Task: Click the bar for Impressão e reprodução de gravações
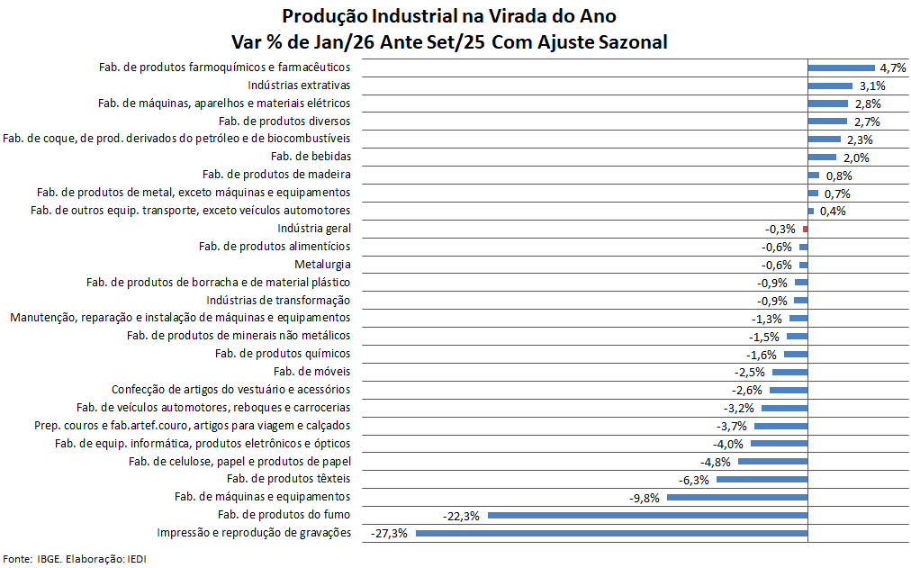(611, 534)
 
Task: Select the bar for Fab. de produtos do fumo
(647, 516)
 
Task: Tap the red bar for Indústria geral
(806, 230)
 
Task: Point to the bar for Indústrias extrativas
(830, 86)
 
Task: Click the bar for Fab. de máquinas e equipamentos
(737, 498)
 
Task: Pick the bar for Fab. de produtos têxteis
(762, 480)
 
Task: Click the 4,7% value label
(892, 68)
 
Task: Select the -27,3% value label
(389, 534)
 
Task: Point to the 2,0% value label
(855, 158)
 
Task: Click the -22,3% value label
(461, 516)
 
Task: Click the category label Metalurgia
(322, 265)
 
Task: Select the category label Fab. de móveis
(311, 372)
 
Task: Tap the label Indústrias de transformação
(278, 301)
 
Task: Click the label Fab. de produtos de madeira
(276, 175)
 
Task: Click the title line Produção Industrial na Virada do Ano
(449, 17)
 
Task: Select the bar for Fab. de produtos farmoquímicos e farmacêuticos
(842, 68)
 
